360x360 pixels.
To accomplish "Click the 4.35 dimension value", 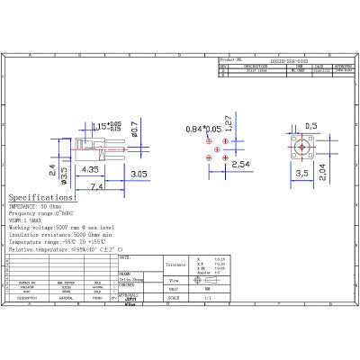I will tap(90, 168).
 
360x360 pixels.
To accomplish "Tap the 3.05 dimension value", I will tap(139, 173).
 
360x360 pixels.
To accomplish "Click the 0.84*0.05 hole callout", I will tap(203, 130).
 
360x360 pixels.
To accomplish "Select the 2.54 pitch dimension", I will tap(240, 165).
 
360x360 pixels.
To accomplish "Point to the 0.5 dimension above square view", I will tap(311, 126).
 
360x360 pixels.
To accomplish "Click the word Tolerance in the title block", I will tap(175, 265).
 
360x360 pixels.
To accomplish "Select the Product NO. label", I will tap(233, 59).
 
